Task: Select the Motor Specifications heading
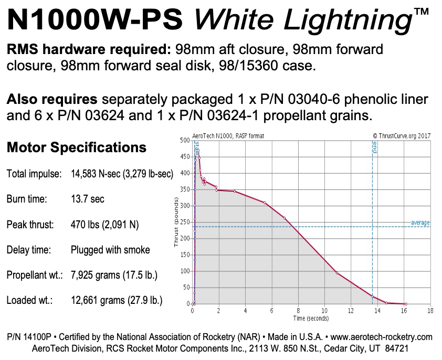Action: click(77, 147)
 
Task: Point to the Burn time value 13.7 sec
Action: click(88, 199)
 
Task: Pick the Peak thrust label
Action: click(30, 225)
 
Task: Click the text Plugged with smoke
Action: click(110, 250)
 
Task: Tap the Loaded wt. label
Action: click(29, 300)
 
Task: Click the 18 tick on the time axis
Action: click(430, 311)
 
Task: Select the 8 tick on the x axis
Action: click(298, 311)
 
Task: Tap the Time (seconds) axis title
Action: click(311, 318)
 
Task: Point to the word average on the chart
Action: click(420, 223)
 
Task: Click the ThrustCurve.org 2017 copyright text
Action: click(402, 136)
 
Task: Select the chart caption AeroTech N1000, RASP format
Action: click(229, 136)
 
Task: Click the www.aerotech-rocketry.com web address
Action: click(376, 337)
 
